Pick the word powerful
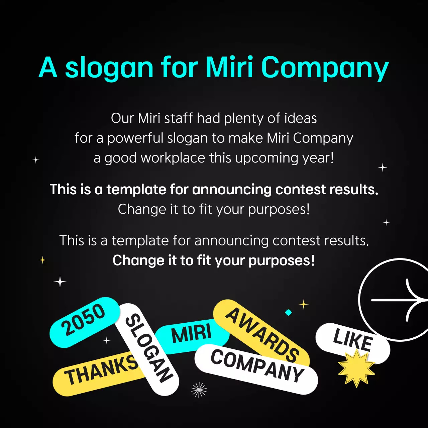[135, 138]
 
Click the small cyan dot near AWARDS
[288, 312]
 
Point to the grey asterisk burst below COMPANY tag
[199, 390]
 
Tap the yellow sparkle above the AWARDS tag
[304, 304]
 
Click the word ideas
[301, 118]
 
